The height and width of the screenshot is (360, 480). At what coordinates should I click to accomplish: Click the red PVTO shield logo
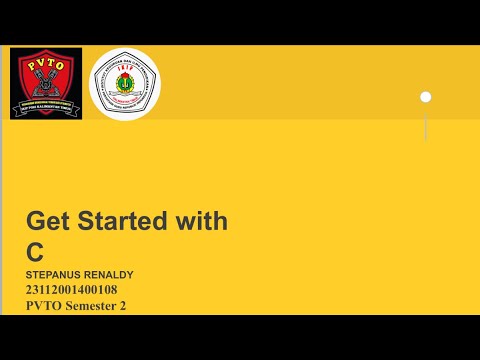46,83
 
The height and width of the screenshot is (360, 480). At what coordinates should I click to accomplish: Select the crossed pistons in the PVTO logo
46,84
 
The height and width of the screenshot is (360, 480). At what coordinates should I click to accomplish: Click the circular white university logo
125,84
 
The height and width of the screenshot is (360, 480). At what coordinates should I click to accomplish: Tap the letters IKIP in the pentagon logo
125,71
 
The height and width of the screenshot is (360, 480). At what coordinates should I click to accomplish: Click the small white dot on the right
425,97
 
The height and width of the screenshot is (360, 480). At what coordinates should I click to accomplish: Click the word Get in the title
47,221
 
